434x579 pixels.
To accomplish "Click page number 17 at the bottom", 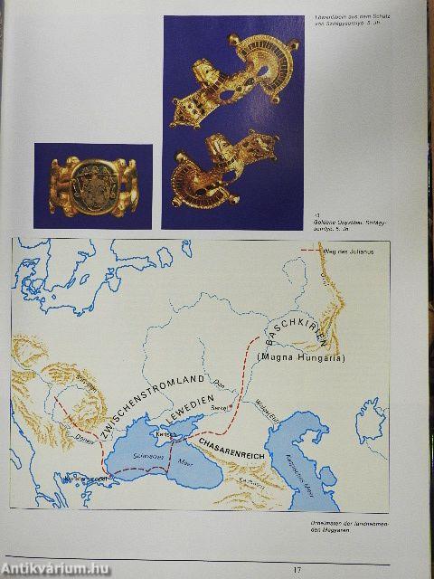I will [x=296, y=568].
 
